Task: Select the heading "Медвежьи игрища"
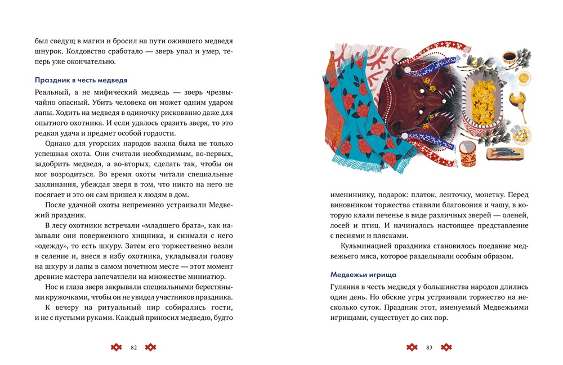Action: click(x=363, y=275)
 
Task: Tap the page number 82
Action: click(x=133, y=348)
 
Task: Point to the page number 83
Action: click(x=429, y=348)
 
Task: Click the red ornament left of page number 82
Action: click(x=117, y=348)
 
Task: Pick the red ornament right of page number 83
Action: click(x=446, y=348)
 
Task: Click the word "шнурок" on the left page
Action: click(x=47, y=51)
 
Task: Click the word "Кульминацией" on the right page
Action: click(x=367, y=246)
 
